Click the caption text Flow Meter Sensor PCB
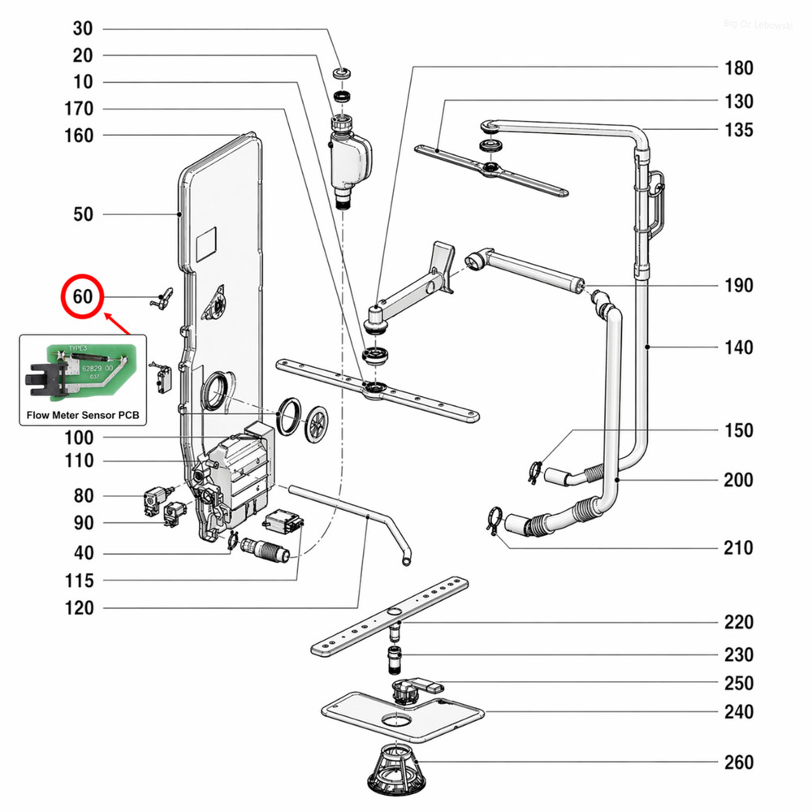[x=82, y=415]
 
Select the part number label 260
[x=738, y=762]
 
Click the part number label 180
[x=738, y=68]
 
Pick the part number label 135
[x=738, y=130]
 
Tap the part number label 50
[x=84, y=214]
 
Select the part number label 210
[x=738, y=548]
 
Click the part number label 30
[x=84, y=29]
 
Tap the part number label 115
[x=79, y=581]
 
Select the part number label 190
[x=738, y=286]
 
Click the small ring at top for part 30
[x=343, y=74]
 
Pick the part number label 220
[x=738, y=623]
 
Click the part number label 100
[x=79, y=438]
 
